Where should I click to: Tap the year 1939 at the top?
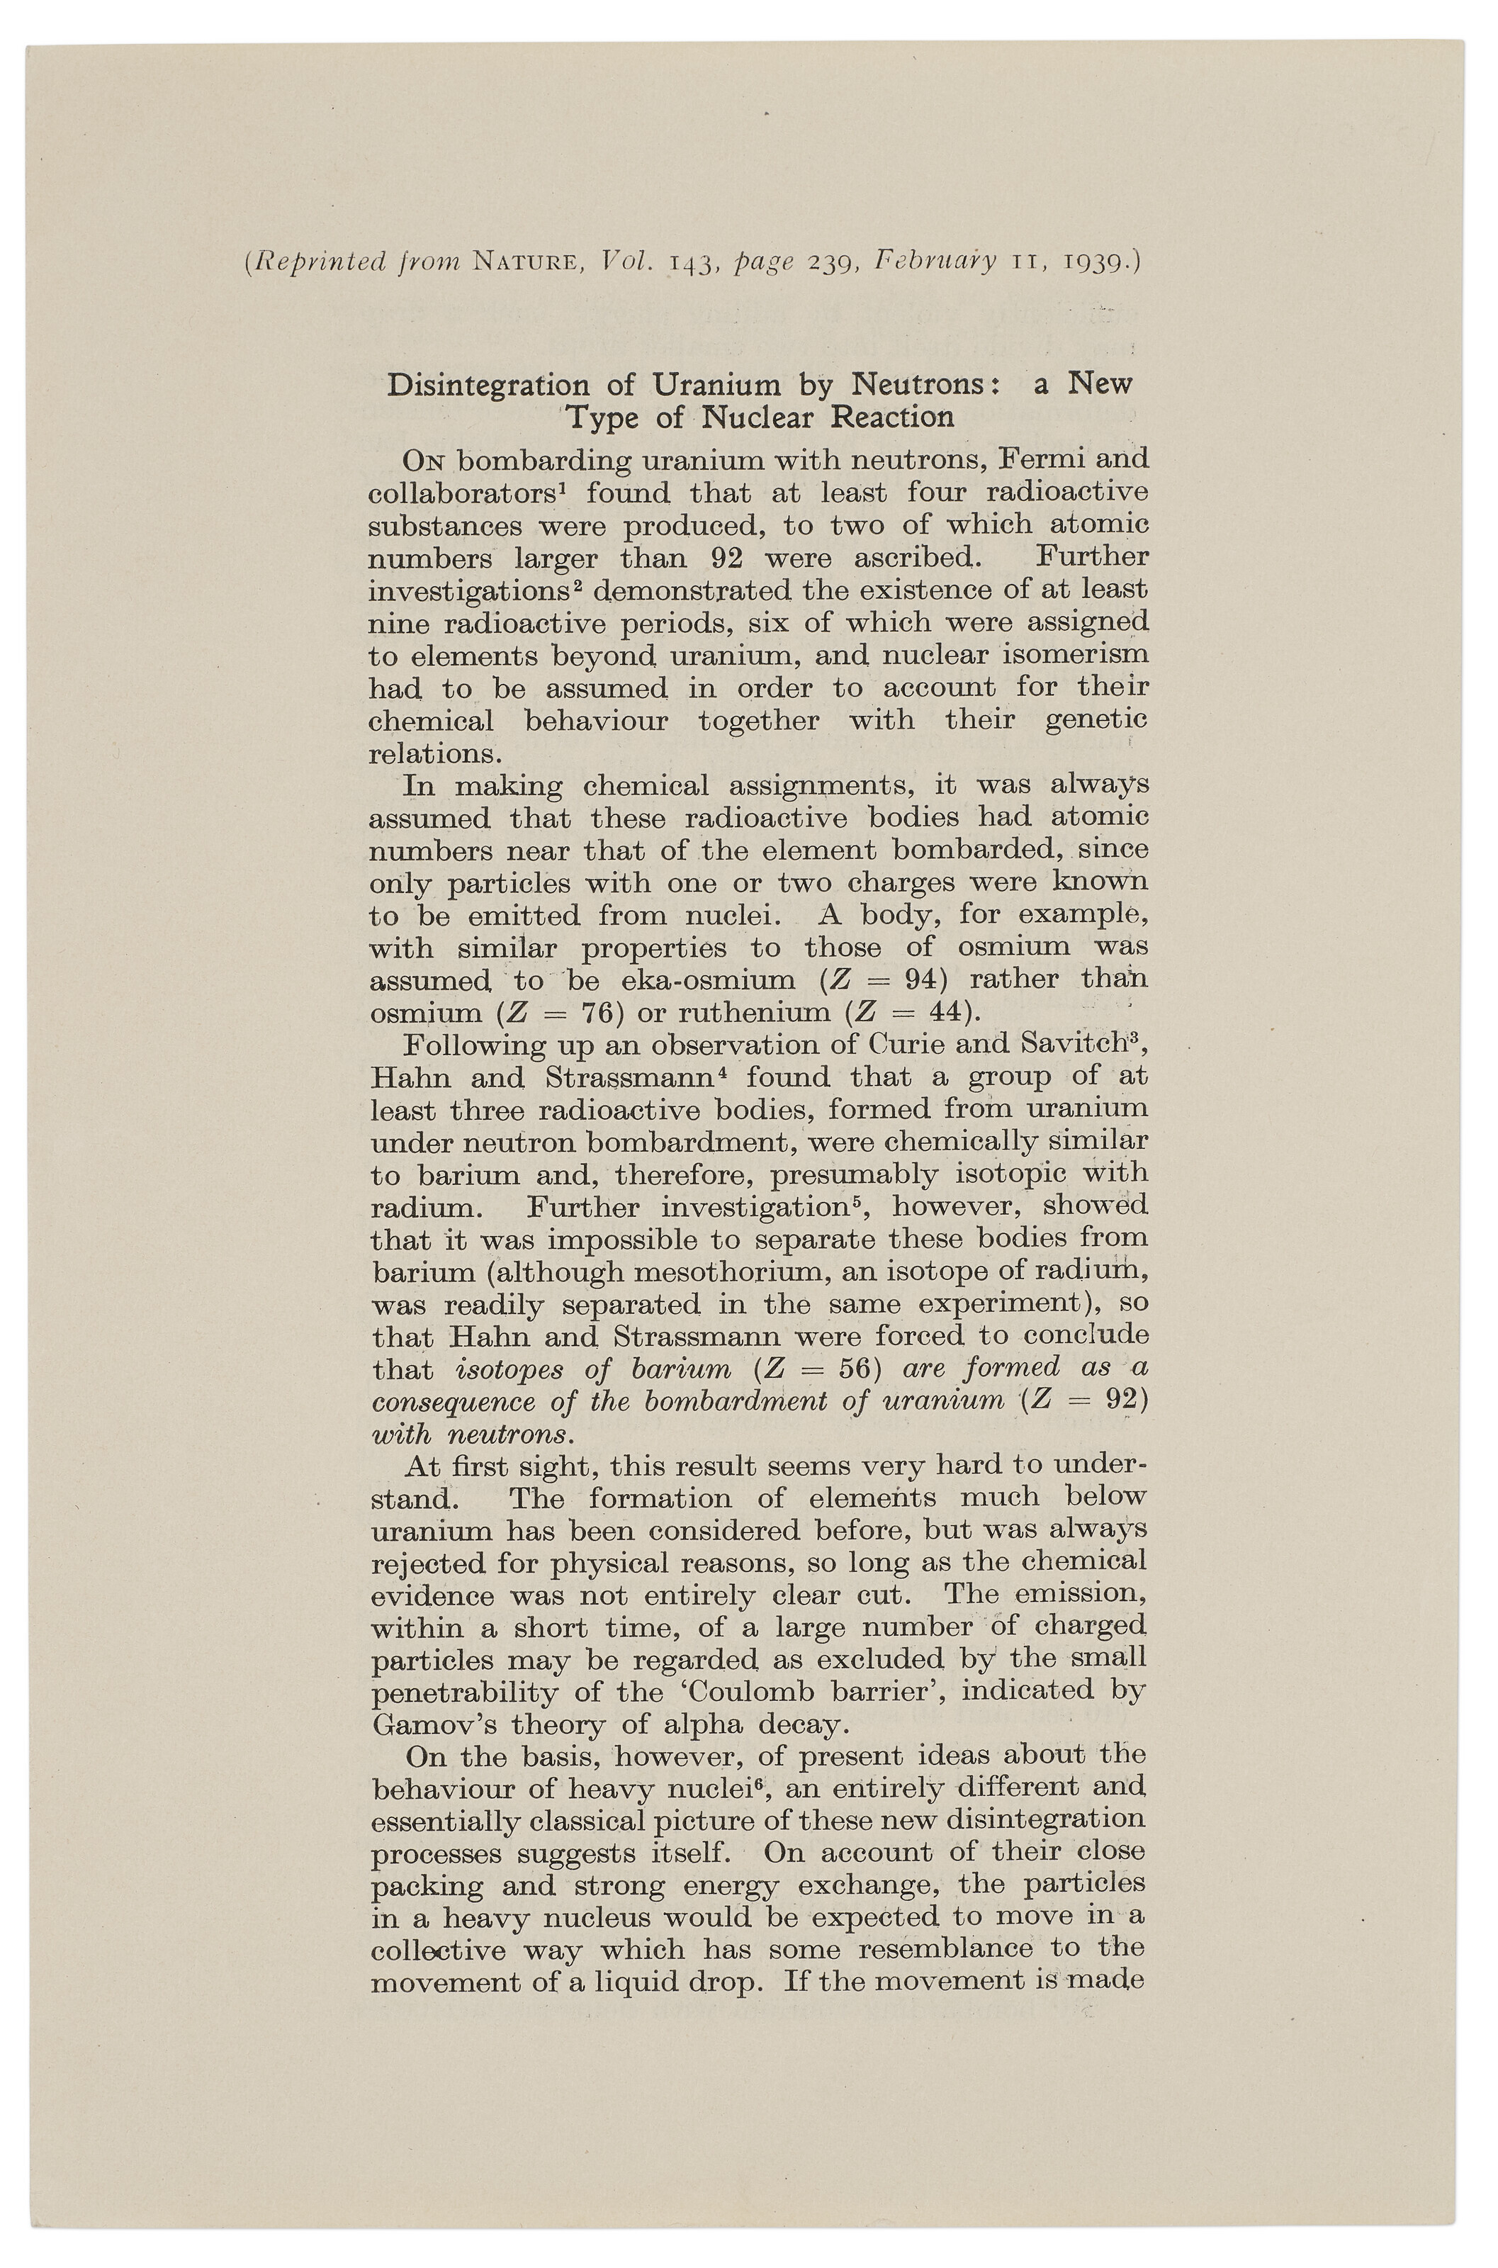click(1091, 262)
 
